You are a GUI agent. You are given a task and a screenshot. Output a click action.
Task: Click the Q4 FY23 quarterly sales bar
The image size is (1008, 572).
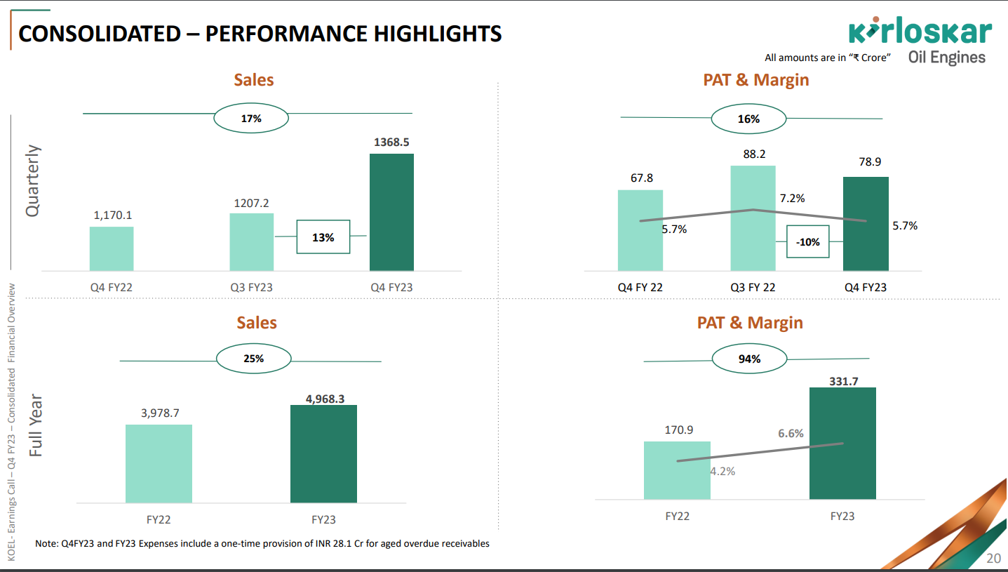click(x=391, y=212)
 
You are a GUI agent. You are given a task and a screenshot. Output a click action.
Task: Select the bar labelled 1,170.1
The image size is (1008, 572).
click(x=112, y=248)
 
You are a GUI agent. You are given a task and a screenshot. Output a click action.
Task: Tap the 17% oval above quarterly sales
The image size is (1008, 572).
click(x=251, y=119)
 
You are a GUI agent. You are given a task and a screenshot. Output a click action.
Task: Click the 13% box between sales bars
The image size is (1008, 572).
click(x=323, y=237)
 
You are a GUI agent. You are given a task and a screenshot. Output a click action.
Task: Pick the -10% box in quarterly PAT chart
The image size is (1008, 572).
click(x=808, y=241)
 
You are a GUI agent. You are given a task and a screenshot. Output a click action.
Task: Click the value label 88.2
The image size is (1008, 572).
click(x=754, y=154)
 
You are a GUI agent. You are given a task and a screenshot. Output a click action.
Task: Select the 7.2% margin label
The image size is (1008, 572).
click(x=792, y=199)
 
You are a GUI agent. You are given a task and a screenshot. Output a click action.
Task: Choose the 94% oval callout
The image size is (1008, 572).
click(x=748, y=359)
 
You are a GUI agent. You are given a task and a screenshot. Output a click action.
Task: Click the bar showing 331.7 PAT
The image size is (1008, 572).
click(x=842, y=443)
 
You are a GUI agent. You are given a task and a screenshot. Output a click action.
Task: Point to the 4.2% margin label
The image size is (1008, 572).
click(x=723, y=471)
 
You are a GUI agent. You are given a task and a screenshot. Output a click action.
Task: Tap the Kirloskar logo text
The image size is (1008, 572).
click(x=920, y=32)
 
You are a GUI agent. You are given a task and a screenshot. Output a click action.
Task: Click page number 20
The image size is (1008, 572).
click(x=993, y=559)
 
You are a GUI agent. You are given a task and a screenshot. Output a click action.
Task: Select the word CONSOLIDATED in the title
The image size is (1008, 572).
click(x=99, y=33)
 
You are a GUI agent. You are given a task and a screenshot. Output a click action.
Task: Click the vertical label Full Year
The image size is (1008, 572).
click(x=36, y=426)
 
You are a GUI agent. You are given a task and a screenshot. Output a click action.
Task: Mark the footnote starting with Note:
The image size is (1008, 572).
click(x=262, y=543)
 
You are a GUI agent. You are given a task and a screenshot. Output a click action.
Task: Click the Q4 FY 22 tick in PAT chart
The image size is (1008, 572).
click(x=640, y=287)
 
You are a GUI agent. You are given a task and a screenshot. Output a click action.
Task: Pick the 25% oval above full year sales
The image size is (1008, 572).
click(x=253, y=358)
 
